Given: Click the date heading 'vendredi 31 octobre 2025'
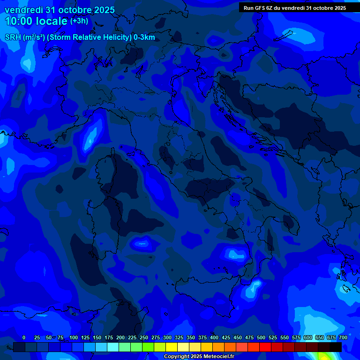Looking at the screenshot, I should point(60,10).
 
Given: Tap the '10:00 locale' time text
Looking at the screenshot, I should point(36,21).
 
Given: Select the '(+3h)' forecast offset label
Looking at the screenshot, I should point(79,21).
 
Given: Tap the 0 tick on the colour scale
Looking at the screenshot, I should point(24,337).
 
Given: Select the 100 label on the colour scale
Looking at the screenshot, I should point(74,337).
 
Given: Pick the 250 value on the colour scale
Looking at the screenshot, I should point(144,337).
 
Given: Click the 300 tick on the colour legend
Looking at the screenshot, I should point(167,337).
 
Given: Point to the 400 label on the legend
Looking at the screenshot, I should point(214,337).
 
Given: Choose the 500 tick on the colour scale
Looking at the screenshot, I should point(261,337).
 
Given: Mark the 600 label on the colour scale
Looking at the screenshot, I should point(308,337).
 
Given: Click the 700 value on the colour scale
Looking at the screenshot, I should point(343,337).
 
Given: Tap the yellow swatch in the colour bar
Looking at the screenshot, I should point(172,347).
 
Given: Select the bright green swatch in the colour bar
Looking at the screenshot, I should point(148,347).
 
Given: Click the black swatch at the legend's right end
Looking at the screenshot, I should point(336,347).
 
